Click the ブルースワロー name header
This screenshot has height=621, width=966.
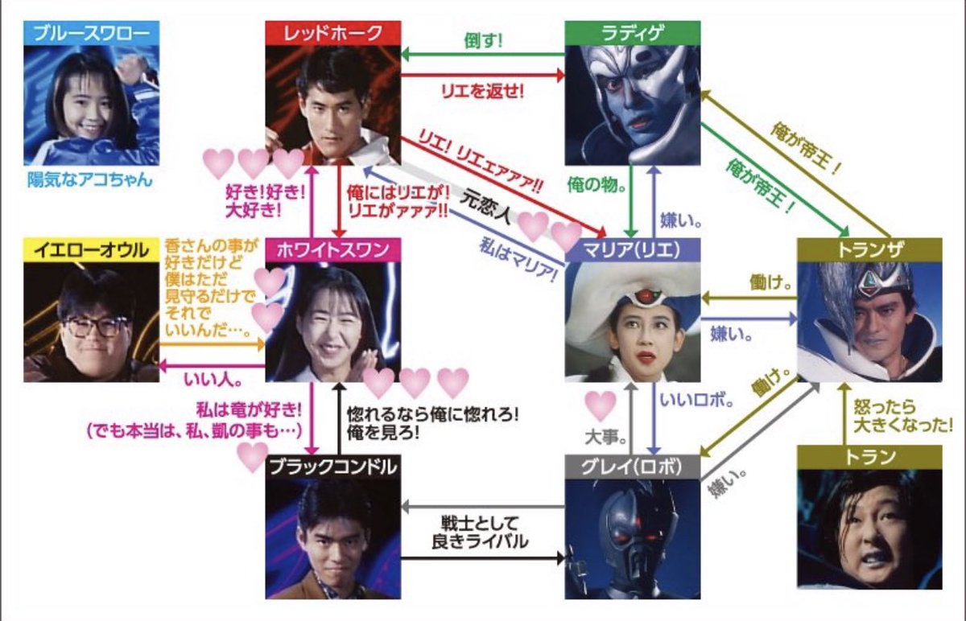92,33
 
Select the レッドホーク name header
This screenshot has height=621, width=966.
333,33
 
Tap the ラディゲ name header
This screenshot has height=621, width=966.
632,33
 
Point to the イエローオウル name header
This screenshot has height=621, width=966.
92,250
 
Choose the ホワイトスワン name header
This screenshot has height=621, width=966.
333,250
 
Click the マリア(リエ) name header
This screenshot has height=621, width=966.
632,250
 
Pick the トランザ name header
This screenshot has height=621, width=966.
869,250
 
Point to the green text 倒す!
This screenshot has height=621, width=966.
483,40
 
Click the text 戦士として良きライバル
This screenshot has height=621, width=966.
483,532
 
